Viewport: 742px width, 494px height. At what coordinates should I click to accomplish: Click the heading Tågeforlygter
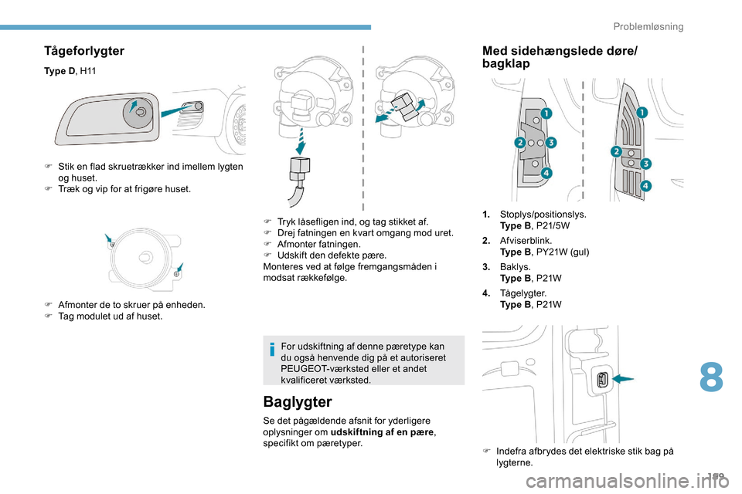tap(84, 51)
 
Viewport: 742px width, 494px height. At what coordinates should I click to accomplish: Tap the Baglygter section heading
tap(298, 401)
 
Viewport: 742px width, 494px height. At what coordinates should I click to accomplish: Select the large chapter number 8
tap(712, 380)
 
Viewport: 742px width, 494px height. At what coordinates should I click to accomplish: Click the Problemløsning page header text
tap(648, 26)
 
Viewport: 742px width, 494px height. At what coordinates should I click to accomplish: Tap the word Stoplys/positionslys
tap(543, 215)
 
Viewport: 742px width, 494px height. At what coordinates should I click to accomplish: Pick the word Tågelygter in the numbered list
tap(523, 293)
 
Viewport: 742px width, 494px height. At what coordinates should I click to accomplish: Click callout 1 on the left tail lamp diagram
tap(546, 113)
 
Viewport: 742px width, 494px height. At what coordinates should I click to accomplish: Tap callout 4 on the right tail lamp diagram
tap(645, 186)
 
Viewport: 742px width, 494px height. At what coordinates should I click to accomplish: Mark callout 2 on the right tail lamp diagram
tap(617, 151)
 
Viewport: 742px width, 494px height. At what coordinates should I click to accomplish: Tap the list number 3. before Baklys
tap(486, 267)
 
